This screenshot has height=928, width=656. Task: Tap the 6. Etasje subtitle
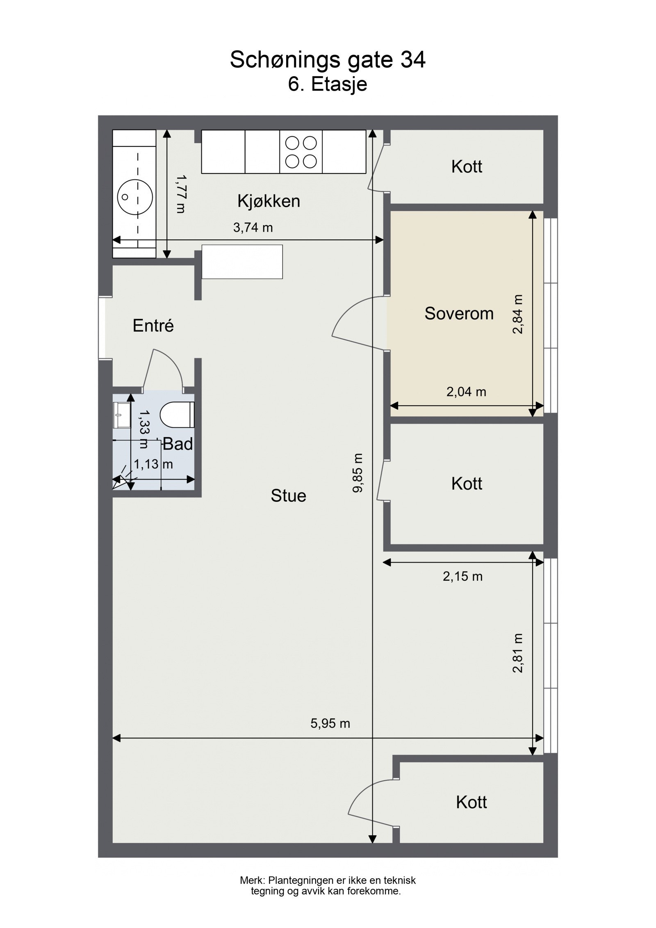328,84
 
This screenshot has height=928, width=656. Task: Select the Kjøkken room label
269,201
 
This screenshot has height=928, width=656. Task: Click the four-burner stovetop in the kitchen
301,151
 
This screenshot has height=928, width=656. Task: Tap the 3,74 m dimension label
253,228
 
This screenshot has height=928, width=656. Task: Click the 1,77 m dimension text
181,194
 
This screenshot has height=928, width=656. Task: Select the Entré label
153,326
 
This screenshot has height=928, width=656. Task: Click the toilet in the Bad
177,415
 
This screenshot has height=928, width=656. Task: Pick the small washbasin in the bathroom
122,415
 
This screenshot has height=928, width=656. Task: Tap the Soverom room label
459,314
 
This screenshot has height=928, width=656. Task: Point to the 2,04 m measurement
466,392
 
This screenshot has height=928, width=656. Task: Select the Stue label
288,496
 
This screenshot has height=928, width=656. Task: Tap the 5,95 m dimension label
330,723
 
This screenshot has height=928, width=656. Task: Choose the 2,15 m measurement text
462,577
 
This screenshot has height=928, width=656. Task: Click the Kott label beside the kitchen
467,166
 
